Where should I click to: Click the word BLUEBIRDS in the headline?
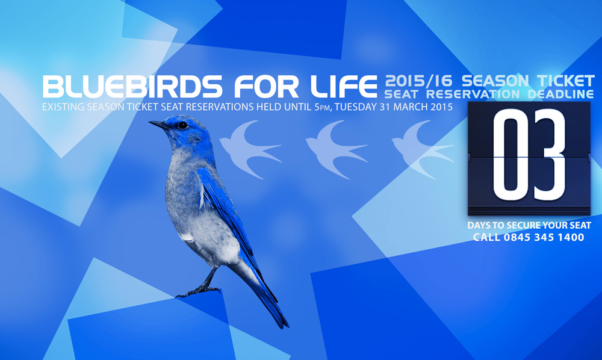[x=132, y=86]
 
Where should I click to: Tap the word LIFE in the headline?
[x=344, y=86]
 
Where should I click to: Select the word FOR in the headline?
[x=266, y=86]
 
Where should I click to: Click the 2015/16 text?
[x=419, y=81]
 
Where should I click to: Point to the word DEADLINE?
[x=560, y=94]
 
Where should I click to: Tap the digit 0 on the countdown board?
[x=510, y=154]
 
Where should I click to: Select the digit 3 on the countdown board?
[x=548, y=154]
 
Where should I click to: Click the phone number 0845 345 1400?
[x=544, y=237]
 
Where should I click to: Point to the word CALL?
[x=486, y=237]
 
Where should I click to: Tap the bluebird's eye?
[x=182, y=125]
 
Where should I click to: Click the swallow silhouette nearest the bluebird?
[x=250, y=149]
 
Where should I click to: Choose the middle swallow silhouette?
[x=337, y=149]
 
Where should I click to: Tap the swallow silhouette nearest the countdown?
[x=423, y=149]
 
